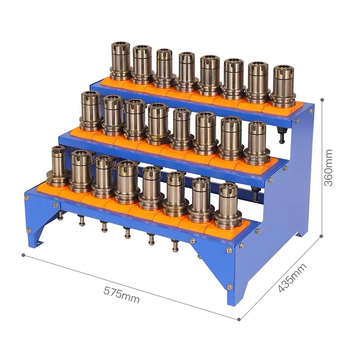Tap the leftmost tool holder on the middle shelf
[91, 111]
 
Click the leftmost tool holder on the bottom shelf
[58, 166]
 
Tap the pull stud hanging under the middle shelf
[256, 193]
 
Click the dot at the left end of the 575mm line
[23, 255]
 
